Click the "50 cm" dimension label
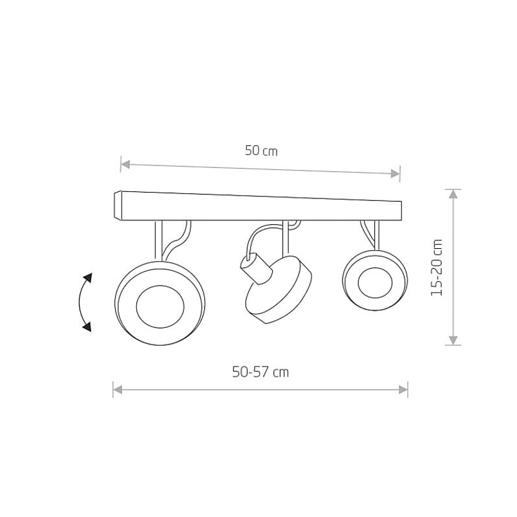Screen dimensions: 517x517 coord(261,151)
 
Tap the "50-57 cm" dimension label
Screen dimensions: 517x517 coord(260,372)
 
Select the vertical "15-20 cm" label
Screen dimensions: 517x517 coord(437,268)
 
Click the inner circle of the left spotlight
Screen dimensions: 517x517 coord(160,306)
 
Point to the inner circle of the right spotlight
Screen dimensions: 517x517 coord(375,283)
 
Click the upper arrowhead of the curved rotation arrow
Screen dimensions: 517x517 coord(88,278)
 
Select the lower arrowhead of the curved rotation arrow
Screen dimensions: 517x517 coord(87,327)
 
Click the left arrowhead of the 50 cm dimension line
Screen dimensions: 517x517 coord(125,164)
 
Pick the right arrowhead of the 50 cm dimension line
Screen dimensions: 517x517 coord(396,173)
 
